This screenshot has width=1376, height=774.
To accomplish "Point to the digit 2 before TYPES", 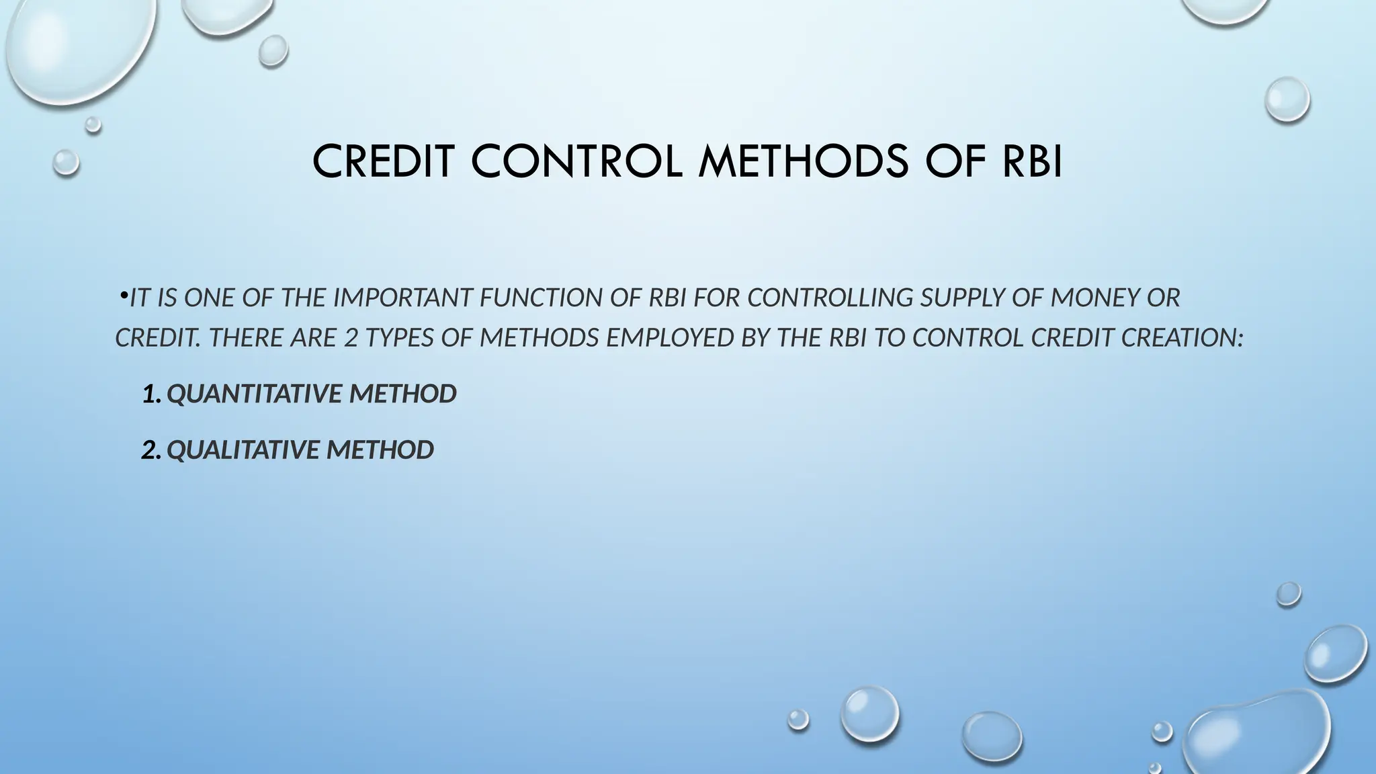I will coord(351,337).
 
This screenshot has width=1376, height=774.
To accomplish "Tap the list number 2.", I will coord(150,450).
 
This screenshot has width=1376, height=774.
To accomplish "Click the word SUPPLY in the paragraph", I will coord(962,298).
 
